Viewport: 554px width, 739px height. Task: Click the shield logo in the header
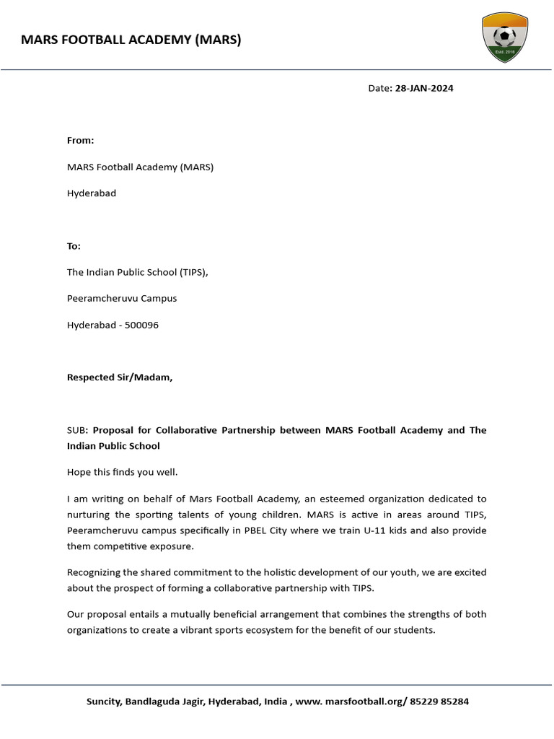[x=504, y=38]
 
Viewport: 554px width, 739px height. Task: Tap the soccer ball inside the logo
[x=504, y=35]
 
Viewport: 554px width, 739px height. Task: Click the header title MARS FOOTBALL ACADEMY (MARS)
[x=131, y=40]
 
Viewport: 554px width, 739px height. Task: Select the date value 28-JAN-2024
[x=424, y=88]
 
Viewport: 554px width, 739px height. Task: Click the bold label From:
[x=81, y=141]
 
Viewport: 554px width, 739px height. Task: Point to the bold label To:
[x=74, y=246]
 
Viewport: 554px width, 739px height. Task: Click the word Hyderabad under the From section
[x=92, y=193]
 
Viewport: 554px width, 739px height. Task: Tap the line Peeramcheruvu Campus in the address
[x=122, y=298]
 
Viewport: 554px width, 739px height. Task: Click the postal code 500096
[x=141, y=325]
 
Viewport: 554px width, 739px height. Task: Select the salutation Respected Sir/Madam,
[x=120, y=377]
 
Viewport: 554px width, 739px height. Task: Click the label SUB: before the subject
[x=78, y=430]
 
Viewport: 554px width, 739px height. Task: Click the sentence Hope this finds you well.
[x=122, y=472]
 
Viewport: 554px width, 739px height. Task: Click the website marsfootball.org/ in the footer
[x=367, y=701]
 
